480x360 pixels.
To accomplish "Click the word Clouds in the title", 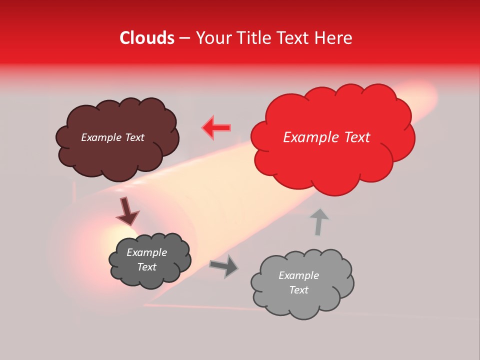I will pos(147,38).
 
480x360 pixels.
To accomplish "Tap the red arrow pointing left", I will pos(216,127).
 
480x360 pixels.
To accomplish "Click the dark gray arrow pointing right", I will pos(224,266).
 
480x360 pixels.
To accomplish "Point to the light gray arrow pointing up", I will pos(318,221).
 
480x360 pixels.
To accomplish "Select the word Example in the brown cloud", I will pos(101,137).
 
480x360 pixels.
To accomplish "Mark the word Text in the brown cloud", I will pos(134,137).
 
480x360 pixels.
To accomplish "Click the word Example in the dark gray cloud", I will pos(146,252).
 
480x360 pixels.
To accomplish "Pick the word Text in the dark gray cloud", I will pos(146,267).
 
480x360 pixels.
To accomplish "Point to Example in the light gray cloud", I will pos(298,275).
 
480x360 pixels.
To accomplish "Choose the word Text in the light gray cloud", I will pos(298,290).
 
